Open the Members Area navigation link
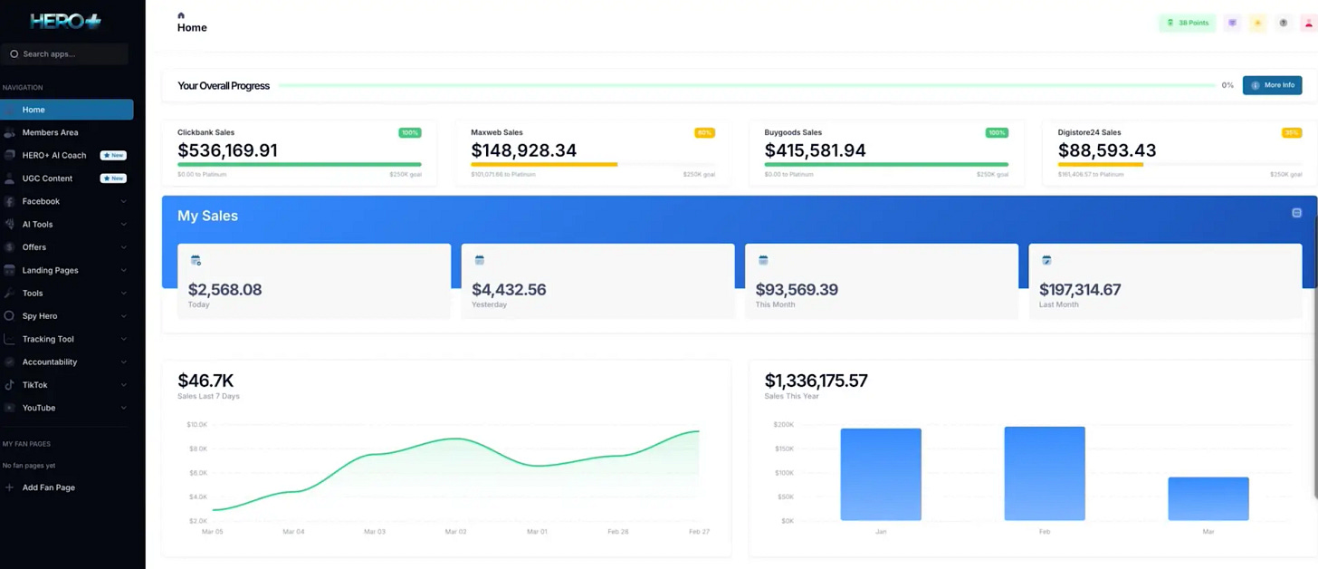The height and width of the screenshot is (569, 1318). coord(50,132)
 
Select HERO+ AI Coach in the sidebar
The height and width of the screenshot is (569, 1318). coord(54,156)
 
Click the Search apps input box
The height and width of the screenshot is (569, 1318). coord(65,54)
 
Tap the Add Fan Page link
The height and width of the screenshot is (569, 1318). coord(48,487)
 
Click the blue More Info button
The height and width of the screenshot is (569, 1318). coord(1272,85)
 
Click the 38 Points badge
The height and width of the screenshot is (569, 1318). coord(1188,23)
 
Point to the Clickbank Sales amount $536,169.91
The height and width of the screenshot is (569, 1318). coord(227,150)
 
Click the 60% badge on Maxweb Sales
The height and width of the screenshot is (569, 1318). coord(703,133)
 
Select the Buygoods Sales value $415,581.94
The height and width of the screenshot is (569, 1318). coord(815,150)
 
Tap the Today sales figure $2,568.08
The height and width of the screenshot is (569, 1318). coord(224,290)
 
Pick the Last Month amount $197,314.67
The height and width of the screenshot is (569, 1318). coord(1080,290)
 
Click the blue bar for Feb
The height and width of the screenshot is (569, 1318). coord(1044,474)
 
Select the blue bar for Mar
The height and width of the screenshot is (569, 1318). coord(1208,498)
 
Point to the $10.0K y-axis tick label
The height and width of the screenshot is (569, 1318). coord(196,424)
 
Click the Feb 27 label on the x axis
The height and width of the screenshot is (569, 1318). coord(699,532)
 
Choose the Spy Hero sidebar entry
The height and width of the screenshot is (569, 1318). coord(40,316)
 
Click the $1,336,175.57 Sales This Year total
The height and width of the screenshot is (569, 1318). coord(816,381)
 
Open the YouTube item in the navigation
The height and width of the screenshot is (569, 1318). coord(39,408)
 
